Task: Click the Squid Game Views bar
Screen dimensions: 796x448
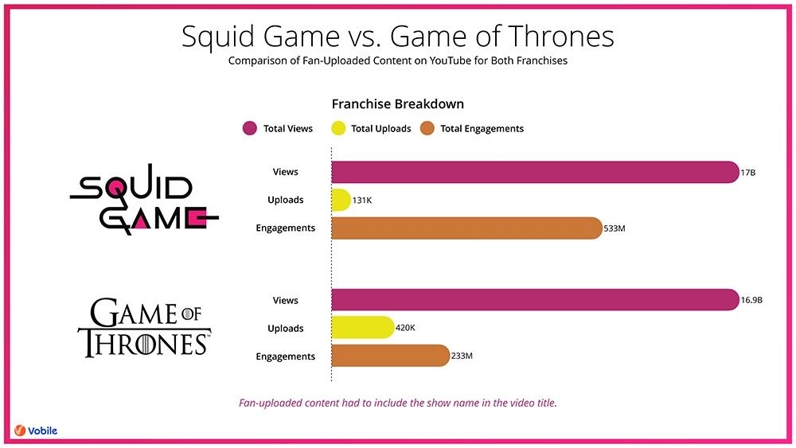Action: (535, 172)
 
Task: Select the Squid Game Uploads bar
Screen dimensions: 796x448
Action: (341, 200)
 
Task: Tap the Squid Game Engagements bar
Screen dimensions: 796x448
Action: (467, 228)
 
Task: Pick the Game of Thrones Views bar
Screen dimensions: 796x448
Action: (535, 300)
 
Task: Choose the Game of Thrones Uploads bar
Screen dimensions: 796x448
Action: (363, 328)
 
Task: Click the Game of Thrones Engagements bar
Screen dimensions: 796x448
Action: (391, 356)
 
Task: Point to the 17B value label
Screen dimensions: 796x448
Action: (747, 173)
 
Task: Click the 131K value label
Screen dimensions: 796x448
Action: (362, 201)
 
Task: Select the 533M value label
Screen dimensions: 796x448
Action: (615, 228)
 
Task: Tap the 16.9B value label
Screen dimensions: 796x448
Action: (751, 300)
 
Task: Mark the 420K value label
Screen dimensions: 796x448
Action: (405, 328)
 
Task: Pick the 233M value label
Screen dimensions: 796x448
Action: (462, 356)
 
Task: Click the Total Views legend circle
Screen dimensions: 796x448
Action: (250, 128)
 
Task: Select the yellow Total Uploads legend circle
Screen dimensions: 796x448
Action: (338, 128)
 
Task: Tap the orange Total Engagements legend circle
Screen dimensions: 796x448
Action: (427, 128)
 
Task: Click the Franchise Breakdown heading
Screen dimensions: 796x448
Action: (397, 104)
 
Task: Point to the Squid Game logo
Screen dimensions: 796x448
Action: (144, 199)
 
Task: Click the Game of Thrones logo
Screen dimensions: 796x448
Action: (145, 327)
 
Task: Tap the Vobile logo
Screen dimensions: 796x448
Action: (36, 430)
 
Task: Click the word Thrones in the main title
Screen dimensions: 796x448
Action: (561, 36)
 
